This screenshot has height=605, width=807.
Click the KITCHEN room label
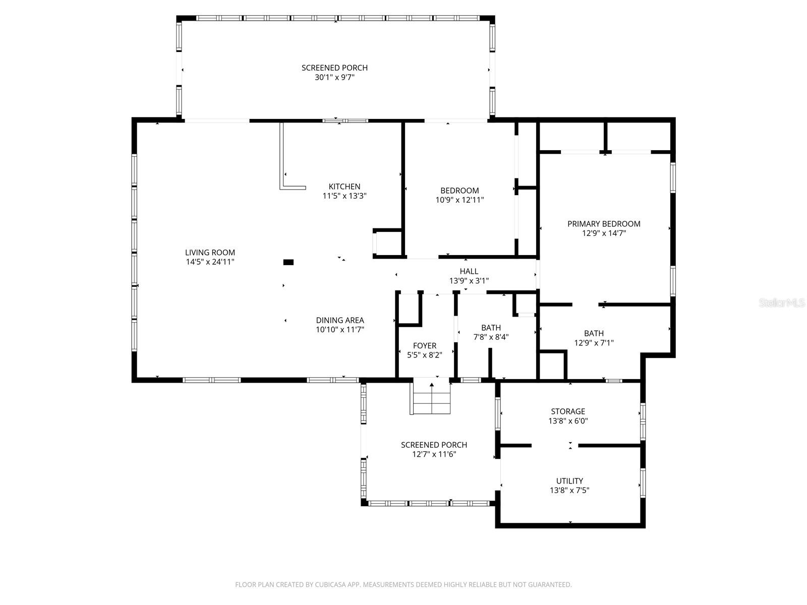pos(344,187)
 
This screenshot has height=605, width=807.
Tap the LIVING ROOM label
pos(210,253)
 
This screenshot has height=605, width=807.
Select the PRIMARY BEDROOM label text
pos(604,224)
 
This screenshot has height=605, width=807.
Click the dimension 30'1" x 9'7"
pos(334,77)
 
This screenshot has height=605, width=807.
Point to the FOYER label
pos(424,346)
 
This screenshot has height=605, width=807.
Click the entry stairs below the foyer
pos(432,398)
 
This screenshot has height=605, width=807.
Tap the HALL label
pos(469,271)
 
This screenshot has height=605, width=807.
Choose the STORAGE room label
pos(568,411)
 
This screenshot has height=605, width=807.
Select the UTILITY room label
pos(569,481)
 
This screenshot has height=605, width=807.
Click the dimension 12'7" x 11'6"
pos(434,454)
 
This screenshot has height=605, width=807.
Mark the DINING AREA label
pos(340,320)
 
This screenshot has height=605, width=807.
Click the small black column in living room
pos(289,262)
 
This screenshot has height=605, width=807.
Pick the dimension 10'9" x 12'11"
pos(459,200)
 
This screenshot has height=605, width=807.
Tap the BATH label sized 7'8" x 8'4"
pos(491,328)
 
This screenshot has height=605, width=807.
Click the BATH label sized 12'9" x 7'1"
pos(594,333)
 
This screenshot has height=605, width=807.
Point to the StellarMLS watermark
pos(782,302)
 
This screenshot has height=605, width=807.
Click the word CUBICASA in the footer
pos(328,585)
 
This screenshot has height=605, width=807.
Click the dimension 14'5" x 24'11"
pos(210,262)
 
